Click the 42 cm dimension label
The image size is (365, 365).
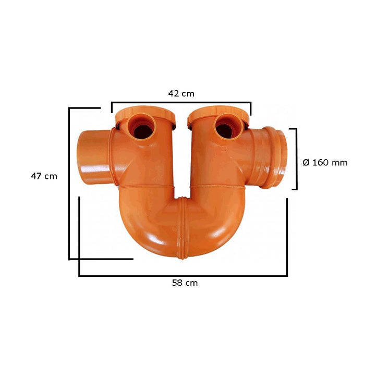tap(181, 94)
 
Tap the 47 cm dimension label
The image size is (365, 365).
tap(44, 176)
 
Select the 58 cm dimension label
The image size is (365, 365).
tap(185, 283)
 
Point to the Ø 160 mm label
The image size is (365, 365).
tap(325, 163)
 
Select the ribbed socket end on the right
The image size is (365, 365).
tap(272, 156)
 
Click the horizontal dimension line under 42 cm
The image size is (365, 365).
tap(181, 102)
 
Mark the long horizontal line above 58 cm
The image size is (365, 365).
tap(182, 275)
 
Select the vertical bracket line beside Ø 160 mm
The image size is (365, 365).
tap(297, 159)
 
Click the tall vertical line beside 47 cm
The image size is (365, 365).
tap(69, 182)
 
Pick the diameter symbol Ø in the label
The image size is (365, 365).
tap(306, 163)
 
